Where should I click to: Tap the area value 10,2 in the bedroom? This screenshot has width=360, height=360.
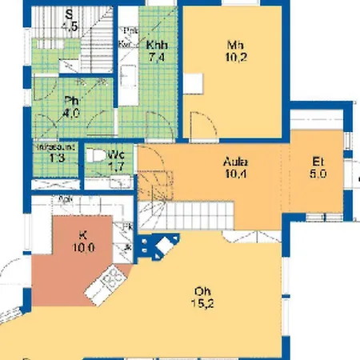point(234,57)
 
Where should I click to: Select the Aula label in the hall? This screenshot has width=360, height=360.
point(235,161)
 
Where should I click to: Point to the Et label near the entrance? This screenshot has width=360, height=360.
point(318,161)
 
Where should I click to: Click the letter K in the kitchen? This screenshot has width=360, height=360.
point(82,235)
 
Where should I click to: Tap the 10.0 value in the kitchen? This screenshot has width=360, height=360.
point(82,247)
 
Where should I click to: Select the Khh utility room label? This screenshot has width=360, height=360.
point(157,45)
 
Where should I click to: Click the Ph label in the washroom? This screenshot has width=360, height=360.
point(70,101)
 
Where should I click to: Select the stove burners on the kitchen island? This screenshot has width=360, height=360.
point(112,278)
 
